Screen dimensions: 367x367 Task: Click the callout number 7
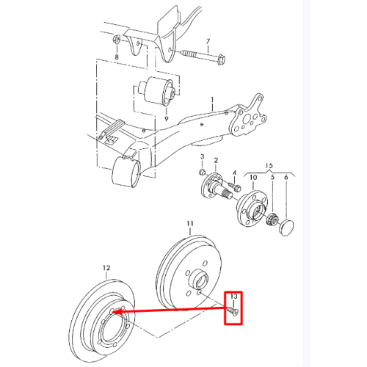(x=208, y=42)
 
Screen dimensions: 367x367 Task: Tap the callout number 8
(x=117, y=57)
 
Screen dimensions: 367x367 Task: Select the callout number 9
(x=167, y=119)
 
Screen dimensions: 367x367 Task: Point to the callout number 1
(x=213, y=100)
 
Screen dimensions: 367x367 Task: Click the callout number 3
(x=202, y=156)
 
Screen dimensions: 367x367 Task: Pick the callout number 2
(x=216, y=161)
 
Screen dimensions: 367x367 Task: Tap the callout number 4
(x=234, y=173)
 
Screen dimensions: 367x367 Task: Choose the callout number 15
(x=269, y=166)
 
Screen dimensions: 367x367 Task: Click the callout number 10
(x=253, y=177)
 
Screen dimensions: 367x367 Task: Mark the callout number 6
(x=286, y=178)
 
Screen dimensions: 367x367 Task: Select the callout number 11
(x=190, y=224)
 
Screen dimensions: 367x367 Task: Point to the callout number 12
(x=106, y=268)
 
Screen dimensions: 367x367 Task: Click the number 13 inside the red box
(x=234, y=297)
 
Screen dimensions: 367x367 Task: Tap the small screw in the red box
(x=233, y=311)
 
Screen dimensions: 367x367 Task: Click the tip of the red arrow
(x=115, y=312)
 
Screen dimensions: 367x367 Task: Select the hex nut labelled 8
(x=116, y=39)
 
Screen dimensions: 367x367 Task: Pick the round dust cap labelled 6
(x=286, y=228)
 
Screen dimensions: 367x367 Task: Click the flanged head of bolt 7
(x=221, y=59)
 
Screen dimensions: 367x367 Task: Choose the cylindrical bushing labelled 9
(x=156, y=92)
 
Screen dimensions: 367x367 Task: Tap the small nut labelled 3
(x=203, y=172)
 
